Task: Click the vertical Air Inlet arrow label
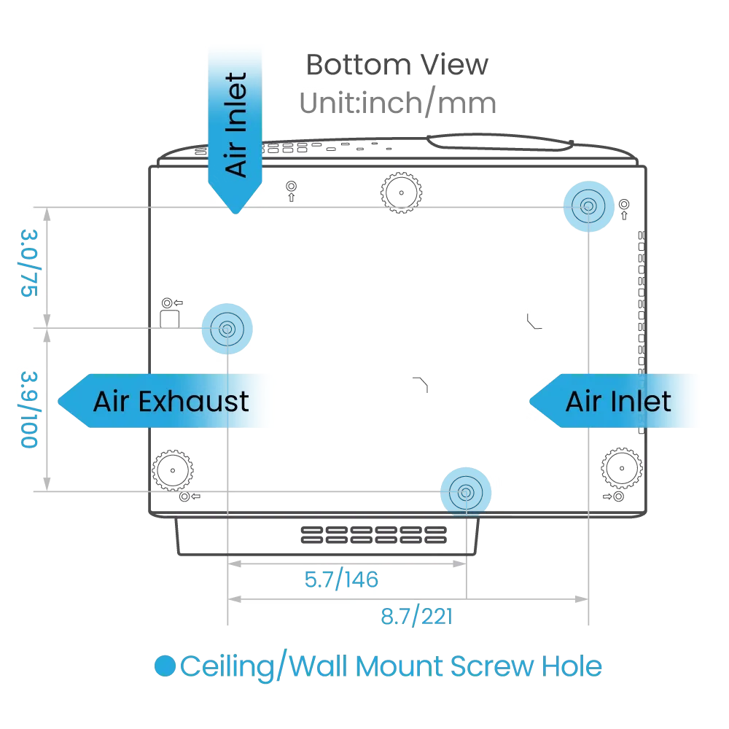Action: pyautogui.click(x=236, y=124)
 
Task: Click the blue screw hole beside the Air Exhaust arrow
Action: pyautogui.click(x=227, y=330)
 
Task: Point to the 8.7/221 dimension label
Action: pyautogui.click(x=416, y=617)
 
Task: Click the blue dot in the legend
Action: pyautogui.click(x=165, y=666)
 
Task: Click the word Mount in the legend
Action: pyautogui.click(x=402, y=666)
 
